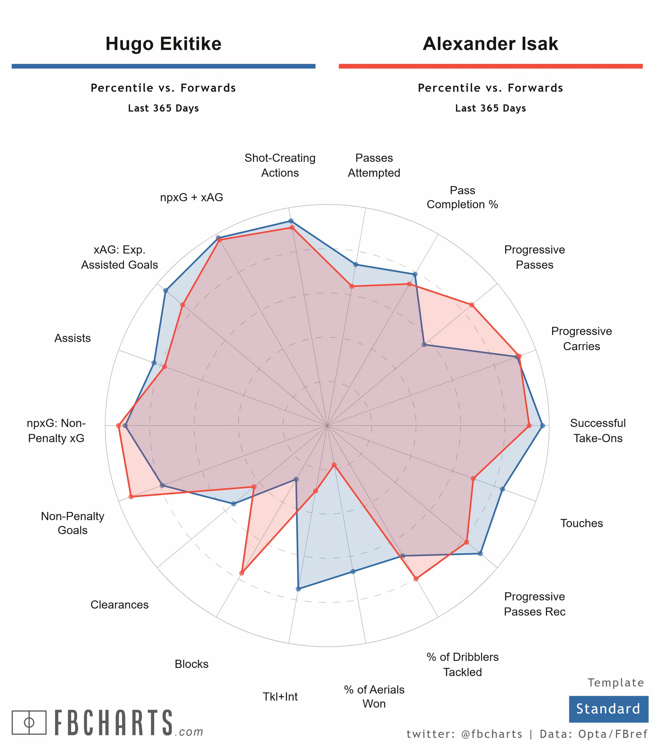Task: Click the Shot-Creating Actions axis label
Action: (x=280, y=165)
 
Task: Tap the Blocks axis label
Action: (x=192, y=664)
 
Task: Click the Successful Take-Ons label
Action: (x=598, y=430)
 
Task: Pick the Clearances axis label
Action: (x=119, y=604)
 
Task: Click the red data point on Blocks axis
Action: (x=241, y=573)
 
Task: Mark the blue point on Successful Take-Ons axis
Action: (x=542, y=425)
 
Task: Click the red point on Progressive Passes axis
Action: (x=472, y=305)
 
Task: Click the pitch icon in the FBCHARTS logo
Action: (x=29, y=722)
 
